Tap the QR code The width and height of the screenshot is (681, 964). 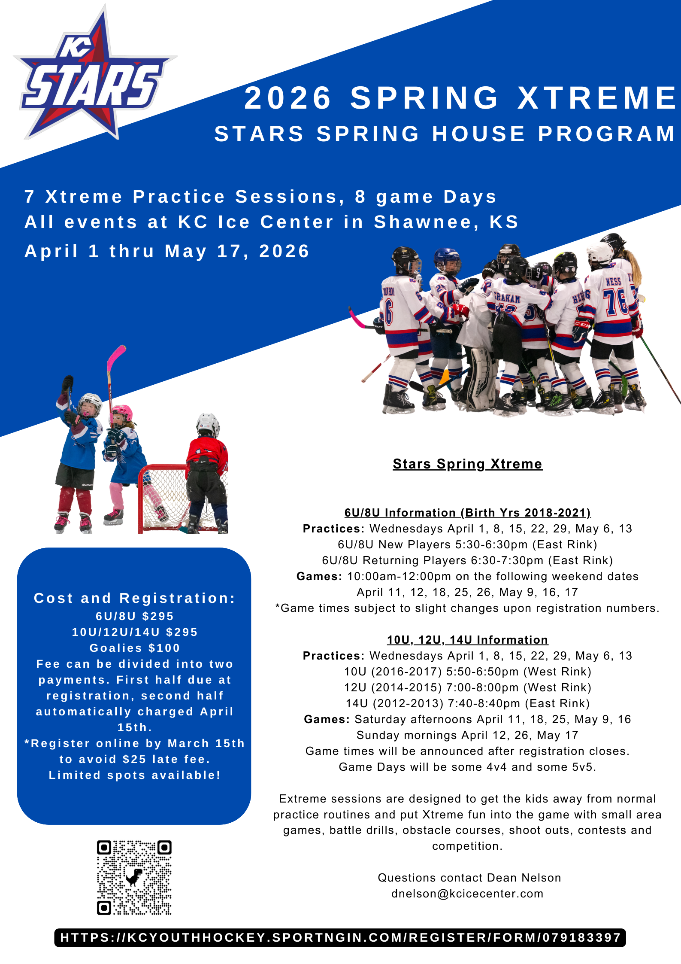pos(134,877)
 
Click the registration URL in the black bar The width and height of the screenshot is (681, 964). pos(340,937)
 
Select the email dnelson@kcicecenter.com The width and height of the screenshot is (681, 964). pos(467,894)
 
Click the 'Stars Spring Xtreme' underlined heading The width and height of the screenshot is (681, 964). pos(467,464)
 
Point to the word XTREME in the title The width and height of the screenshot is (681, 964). pos(597,97)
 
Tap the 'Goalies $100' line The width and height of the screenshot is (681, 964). pos(135,648)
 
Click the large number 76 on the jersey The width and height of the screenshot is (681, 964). pos(615,302)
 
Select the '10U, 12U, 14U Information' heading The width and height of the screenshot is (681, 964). pos(467,640)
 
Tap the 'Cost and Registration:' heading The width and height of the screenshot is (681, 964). pos(135,598)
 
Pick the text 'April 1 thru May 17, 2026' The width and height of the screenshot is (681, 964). pos(167,251)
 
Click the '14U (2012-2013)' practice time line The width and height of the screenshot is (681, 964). pos(467,703)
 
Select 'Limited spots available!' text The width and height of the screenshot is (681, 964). pos(135,775)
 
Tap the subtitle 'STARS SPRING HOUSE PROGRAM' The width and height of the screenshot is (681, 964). pos(445,134)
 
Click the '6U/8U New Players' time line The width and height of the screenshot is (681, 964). pos(467,544)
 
